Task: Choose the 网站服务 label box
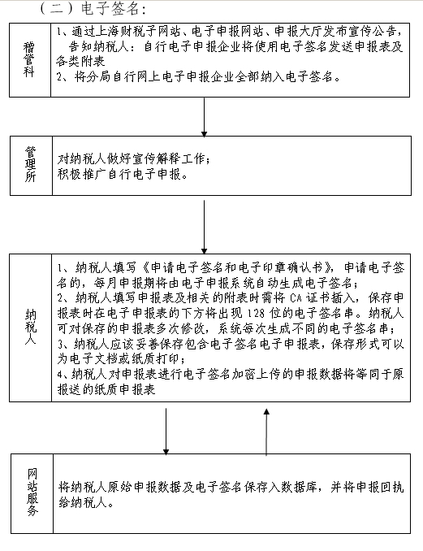(30, 492)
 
